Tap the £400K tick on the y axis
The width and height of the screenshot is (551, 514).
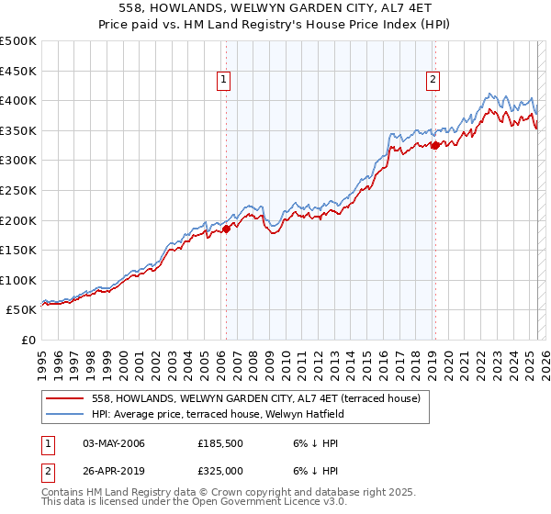click(18, 100)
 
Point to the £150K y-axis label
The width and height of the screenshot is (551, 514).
click(18, 250)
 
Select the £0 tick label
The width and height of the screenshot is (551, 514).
click(28, 340)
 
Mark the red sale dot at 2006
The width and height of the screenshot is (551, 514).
click(226, 229)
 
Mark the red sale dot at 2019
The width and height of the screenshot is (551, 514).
click(435, 145)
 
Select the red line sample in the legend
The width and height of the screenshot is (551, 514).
click(64, 398)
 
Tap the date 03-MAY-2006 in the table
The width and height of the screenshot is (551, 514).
click(114, 443)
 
